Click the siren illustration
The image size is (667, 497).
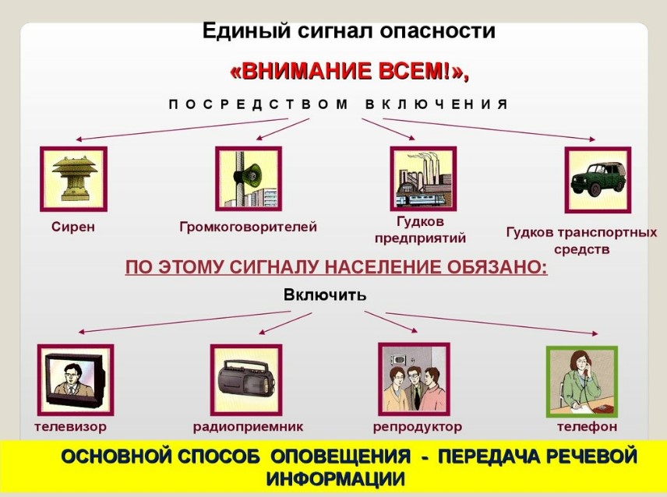(x=73, y=179)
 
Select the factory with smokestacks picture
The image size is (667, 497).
(x=423, y=178)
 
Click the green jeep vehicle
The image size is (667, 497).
(x=598, y=180)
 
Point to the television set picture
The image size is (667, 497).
(x=76, y=379)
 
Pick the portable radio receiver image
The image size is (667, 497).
(x=246, y=379)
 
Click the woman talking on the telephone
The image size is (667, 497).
(x=582, y=382)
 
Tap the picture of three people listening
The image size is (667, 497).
(x=414, y=379)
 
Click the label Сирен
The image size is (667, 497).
(x=73, y=227)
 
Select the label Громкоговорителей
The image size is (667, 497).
(x=249, y=227)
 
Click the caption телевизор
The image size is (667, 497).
(x=71, y=426)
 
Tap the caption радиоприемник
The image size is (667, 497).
(x=249, y=427)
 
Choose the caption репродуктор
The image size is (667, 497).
(x=418, y=427)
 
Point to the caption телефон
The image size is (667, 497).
(x=587, y=426)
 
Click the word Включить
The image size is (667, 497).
(x=325, y=294)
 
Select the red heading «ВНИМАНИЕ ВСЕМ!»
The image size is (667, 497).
(x=349, y=72)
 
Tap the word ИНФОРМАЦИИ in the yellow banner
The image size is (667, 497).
(x=336, y=479)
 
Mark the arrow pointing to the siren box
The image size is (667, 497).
(x=182, y=129)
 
